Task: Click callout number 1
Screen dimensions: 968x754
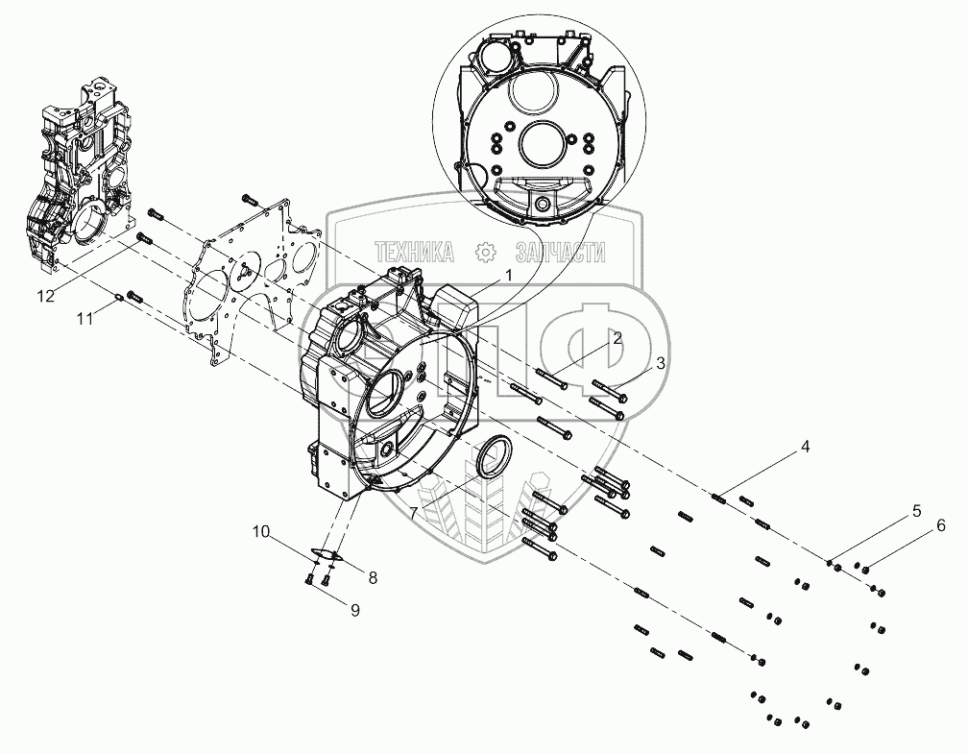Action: click(x=509, y=274)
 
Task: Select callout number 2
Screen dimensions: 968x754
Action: click(x=617, y=337)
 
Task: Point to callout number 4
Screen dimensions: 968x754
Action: click(x=806, y=446)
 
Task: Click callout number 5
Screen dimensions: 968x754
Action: click(x=916, y=511)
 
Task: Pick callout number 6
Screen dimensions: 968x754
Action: click(x=941, y=525)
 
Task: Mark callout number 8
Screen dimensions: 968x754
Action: click(x=373, y=577)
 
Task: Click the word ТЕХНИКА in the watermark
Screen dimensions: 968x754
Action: click(x=416, y=253)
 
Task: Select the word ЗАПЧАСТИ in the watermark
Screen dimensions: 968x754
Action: click(x=560, y=253)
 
